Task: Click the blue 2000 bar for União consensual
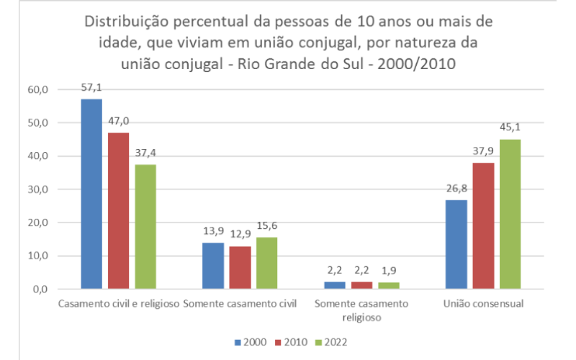click(456, 244)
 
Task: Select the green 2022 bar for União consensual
click(510, 214)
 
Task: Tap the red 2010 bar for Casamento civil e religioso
click(119, 210)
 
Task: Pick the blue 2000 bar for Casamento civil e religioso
click(91, 194)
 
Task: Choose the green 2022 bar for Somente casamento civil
click(266, 263)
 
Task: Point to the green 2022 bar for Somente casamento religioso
click(388, 285)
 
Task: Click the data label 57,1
click(91, 88)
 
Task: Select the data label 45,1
click(510, 128)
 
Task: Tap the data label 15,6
click(266, 226)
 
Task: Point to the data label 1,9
click(388, 271)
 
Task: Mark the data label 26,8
click(456, 189)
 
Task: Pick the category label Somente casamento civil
click(240, 304)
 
